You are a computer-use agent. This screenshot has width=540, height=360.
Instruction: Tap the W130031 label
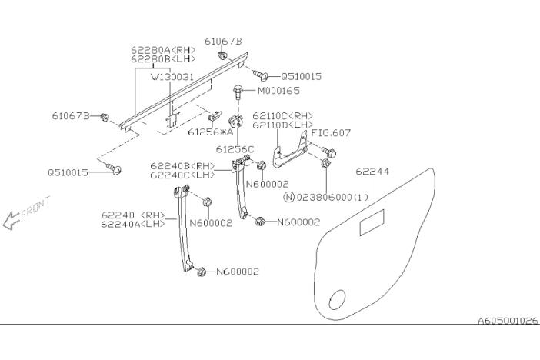pyautogui.click(x=172, y=77)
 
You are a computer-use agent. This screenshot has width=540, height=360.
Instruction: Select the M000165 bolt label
pyautogui.click(x=278, y=91)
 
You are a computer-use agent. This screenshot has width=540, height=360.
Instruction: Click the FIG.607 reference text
pyautogui.click(x=332, y=132)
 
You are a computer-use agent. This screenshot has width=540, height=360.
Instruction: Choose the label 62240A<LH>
pyautogui.click(x=133, y=225)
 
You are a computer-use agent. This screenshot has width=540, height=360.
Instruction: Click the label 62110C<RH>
pyautogui.click(x=282, y=115)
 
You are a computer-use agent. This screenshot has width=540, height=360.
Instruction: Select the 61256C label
pyautogui.click(x=235, y=149)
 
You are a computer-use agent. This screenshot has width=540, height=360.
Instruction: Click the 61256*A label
pyautogui.click(x=208, y=132)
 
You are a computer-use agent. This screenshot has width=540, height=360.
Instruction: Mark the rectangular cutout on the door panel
pyautogui.click(x=372, y=225)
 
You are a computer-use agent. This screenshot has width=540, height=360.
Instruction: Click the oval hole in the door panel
pyautogui.click(x=337, y=299)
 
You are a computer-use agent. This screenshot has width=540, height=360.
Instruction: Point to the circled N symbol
pyautogui.click(x=288, y=197)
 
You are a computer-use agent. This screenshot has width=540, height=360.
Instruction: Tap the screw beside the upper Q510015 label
pyautogui.click(x=261, y=75)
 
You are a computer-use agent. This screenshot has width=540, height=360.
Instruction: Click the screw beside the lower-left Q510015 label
pyautogui.click(x=115, y=170)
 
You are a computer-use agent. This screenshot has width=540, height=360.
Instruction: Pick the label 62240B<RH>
pyautogui.click(x=182, y=165)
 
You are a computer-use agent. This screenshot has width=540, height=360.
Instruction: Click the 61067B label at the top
pyautogui.click(x=223, y=40)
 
